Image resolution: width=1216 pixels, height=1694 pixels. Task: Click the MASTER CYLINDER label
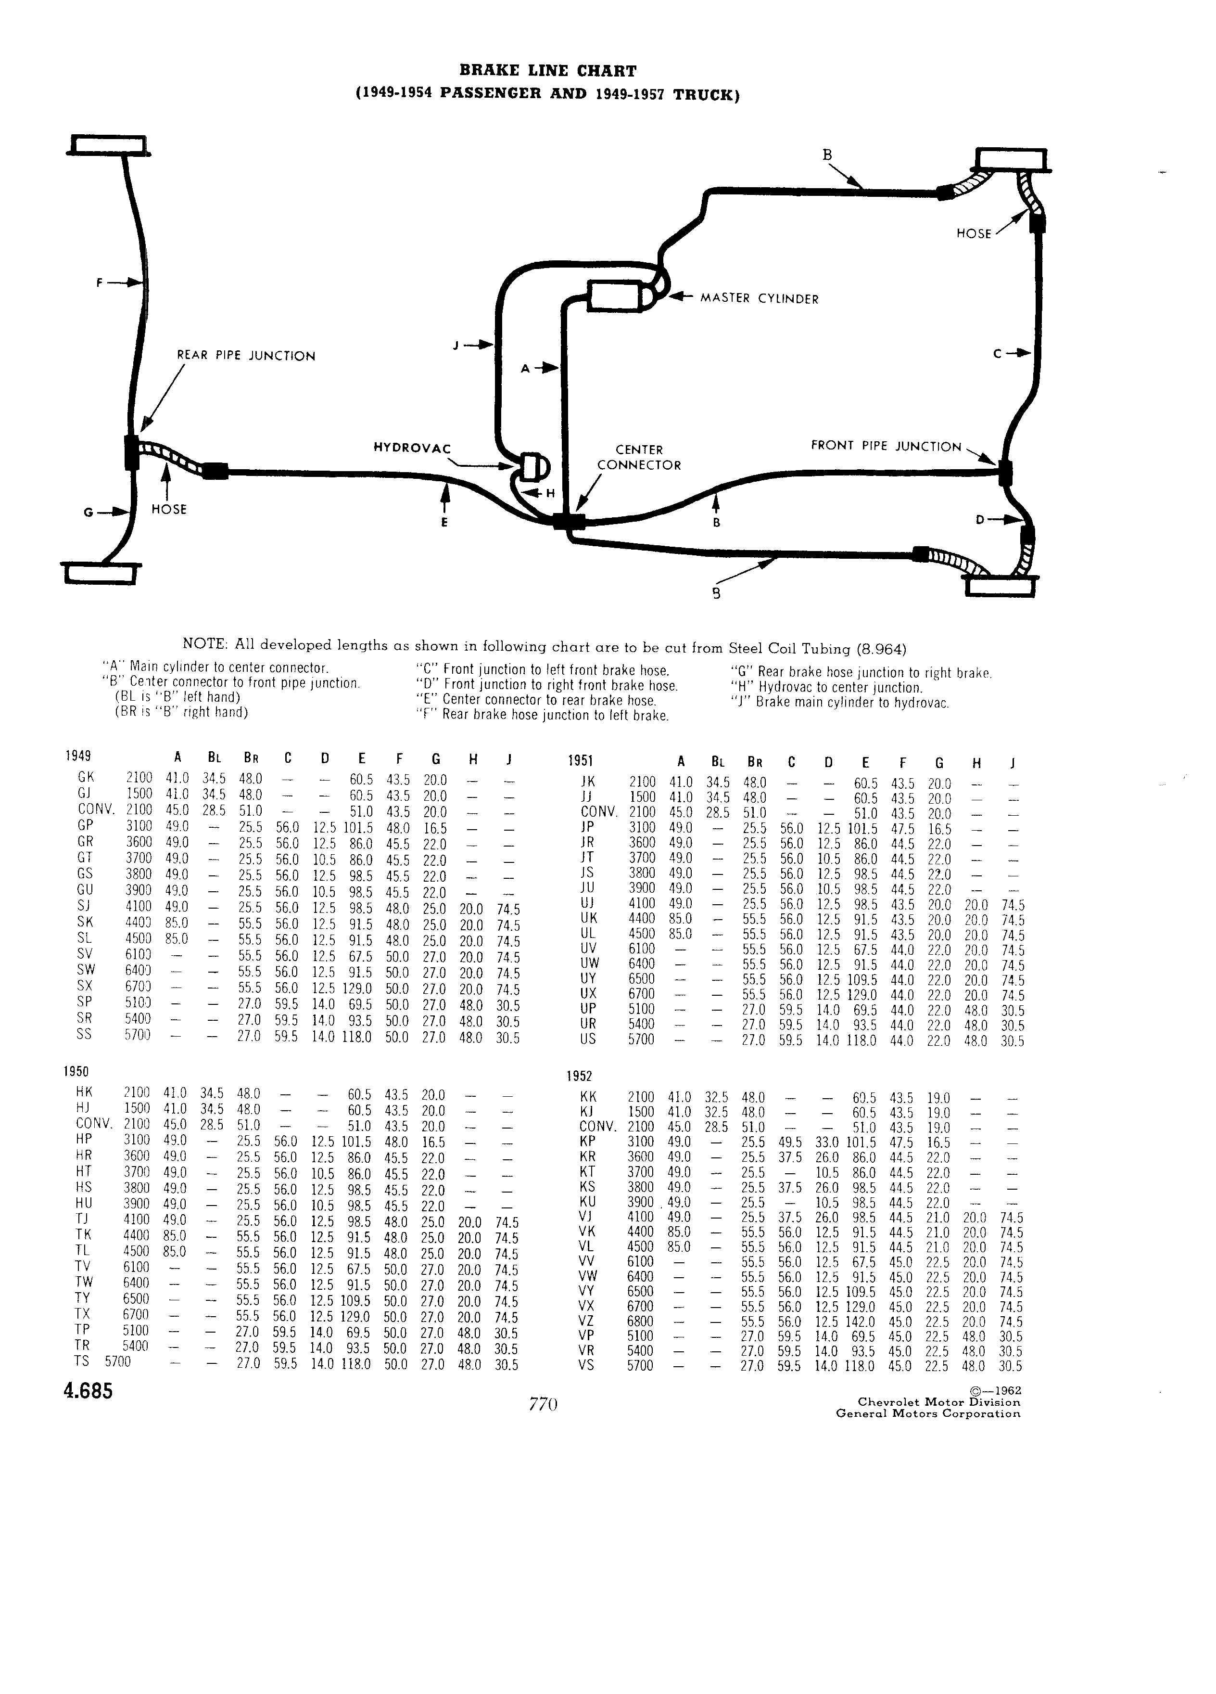coord(759,299)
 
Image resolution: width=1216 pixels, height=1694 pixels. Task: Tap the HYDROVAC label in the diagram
coord(412,448)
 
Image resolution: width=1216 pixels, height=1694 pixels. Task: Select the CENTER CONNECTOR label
coord(639,457)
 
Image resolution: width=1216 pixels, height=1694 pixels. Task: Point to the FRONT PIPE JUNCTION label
coord(886,446)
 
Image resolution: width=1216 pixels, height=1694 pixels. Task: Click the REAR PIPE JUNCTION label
coord(246,356)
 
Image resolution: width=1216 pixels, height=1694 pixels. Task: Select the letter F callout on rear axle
coord(99,282)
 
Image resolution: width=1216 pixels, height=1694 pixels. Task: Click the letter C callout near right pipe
coord(998,354)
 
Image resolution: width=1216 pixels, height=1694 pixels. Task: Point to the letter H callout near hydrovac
coord(551,493)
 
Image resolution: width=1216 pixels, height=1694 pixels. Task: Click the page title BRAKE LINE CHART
coord(548,71)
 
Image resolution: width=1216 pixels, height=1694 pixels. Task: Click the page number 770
coord(544,1404)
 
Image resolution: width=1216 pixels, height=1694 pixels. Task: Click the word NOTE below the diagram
coord(205,644)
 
